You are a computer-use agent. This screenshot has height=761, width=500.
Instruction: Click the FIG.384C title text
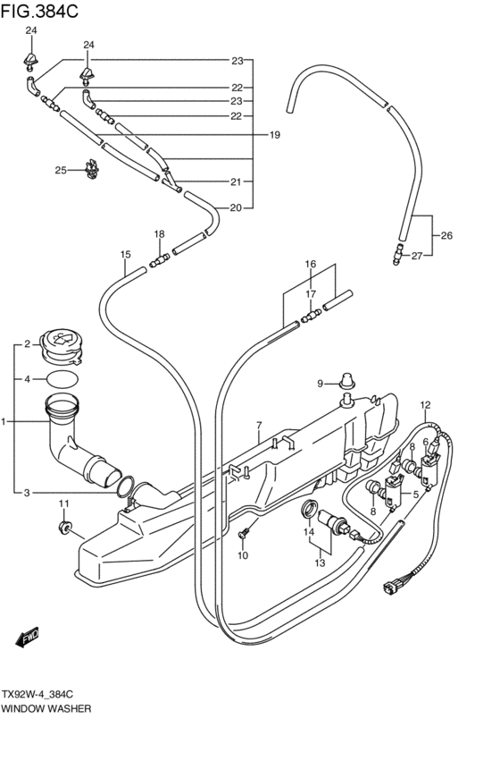[x=39, y=11]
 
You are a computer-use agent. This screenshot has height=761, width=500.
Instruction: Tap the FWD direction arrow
[x=28, y=638]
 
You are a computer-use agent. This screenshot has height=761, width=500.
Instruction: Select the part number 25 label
[x=60, y=170]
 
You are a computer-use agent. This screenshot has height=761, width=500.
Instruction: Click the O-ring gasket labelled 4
[x=62, y=379]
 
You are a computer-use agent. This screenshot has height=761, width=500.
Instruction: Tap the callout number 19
[x=275, y=135]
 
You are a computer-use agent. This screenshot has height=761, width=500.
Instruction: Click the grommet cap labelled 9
[x=346, y=381]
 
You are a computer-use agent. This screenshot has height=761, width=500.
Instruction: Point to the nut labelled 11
[x=63, y=527]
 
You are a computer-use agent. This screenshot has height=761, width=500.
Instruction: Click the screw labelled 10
[x=243, y=533]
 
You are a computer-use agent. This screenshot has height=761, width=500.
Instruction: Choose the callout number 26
[x=446, y=236]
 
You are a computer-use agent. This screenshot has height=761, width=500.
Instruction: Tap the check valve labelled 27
[x=398, y=254]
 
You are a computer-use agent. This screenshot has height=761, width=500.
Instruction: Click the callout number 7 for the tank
[x=259, y=426]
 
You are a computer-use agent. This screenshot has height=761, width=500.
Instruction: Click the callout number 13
[x=320, y=563]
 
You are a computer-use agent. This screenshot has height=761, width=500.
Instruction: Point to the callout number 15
[x=126, y=254]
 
